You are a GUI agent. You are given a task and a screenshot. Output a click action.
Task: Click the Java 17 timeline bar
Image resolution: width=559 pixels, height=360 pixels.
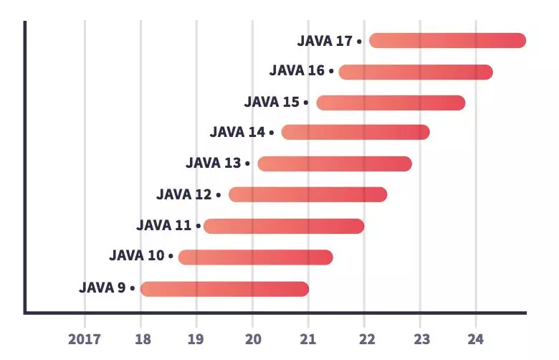point(447,41)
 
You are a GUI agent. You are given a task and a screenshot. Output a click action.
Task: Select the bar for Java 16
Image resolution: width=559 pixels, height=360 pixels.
point(416,72)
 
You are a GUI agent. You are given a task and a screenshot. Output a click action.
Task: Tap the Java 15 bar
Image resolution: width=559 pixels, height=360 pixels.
point(391,103)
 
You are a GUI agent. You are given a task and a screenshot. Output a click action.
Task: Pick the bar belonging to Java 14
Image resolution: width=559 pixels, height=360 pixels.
point(355,132)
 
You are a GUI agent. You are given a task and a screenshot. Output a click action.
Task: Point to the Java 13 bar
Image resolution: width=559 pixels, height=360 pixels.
point(335,164)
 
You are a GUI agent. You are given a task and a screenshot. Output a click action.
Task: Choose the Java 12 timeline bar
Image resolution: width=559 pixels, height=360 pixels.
point(308,194)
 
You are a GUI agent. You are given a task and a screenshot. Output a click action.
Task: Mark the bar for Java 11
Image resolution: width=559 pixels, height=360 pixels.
point(284,226)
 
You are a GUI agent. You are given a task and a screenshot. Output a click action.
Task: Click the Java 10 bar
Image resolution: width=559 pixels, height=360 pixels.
point(255,257)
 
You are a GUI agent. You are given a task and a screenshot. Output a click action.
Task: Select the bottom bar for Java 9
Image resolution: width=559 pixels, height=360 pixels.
point(224,288)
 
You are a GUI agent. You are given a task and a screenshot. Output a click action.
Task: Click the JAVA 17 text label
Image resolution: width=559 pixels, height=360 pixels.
point(325,41)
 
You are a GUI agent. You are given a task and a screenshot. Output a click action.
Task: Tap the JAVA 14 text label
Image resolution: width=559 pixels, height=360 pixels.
point(237,132)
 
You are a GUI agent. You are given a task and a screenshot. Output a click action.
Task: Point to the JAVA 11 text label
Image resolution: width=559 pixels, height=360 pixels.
point(164,226)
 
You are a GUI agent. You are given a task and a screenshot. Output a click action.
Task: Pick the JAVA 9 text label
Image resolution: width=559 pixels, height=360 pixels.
point(102,288)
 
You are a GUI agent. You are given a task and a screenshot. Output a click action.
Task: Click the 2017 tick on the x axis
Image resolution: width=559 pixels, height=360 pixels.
point(85,338)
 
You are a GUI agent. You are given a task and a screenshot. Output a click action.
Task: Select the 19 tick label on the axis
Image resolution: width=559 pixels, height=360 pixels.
point(196,338)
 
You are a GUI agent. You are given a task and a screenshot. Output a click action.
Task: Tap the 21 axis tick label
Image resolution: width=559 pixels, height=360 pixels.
point(308,338)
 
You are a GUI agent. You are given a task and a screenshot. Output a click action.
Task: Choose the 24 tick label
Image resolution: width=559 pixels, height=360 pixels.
point(476,338)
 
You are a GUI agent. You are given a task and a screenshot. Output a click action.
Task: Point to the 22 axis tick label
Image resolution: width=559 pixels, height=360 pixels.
point(364,338)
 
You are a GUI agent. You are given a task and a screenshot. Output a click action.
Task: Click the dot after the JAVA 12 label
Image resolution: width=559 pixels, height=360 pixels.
point(219,195)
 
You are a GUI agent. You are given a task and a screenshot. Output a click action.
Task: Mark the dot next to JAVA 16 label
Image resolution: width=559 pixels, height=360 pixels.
point(331,72)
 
